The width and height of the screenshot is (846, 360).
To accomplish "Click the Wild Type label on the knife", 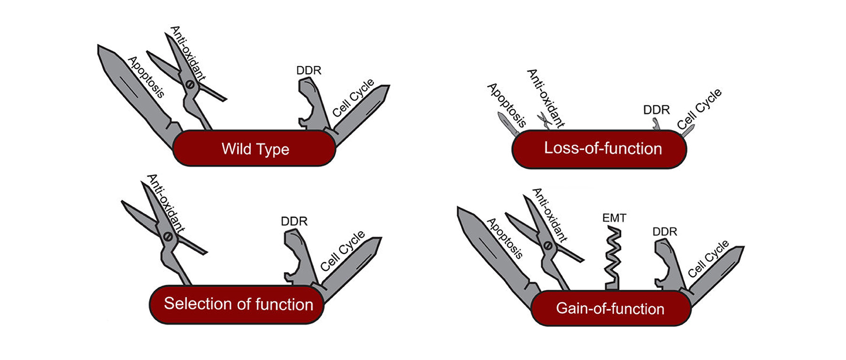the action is click(255, 149).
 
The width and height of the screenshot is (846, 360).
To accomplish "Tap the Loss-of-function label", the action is click(603, 149).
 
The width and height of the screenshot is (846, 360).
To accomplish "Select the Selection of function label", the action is click(238, 304).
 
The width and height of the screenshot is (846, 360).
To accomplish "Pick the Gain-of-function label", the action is click(610, 309).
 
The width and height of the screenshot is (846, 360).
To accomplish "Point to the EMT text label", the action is click(614, 218).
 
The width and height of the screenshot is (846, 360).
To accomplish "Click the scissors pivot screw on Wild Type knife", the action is click(189, 85).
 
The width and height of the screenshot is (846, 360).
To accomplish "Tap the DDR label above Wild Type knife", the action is click(309, 70).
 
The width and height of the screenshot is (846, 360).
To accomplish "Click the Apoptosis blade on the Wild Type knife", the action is click(136, 94).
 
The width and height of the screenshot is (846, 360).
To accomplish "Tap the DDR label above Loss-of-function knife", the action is click(656, 110).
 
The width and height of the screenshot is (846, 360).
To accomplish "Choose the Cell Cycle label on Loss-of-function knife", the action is click(699, 109).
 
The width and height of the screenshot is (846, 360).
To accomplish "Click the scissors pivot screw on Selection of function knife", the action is click(168, 237).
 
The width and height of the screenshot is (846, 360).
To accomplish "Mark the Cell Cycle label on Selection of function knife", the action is click(343, 250).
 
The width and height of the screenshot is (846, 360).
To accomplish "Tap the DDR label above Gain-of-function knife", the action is click(665, 232).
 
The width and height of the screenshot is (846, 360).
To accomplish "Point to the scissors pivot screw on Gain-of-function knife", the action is click(548, 245).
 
